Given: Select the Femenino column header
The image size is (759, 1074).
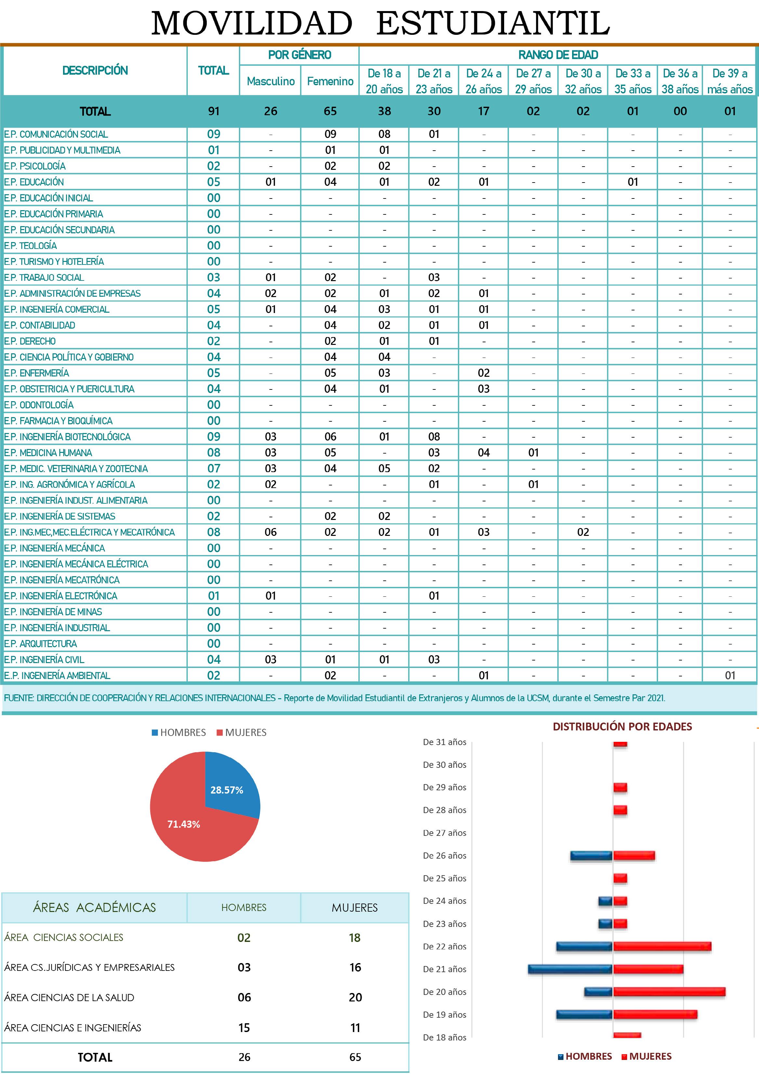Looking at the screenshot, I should (x=330, y=81).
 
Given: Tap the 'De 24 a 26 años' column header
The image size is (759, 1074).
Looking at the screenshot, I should (x=483, y=81).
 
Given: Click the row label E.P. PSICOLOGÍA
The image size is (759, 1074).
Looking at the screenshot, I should (x=35, y=166).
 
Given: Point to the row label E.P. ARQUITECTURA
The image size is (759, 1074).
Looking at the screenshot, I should (x=41, y=644).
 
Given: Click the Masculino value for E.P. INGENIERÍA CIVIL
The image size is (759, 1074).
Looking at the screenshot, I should (x=270, y=659).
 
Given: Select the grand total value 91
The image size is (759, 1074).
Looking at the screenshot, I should (x=214, y=111).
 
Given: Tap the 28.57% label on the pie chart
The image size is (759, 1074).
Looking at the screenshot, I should (x=227, y=790).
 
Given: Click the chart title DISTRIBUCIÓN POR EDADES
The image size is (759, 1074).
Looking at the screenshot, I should (x=622, y=727).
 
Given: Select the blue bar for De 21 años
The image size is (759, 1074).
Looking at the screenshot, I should (x=570, y=970).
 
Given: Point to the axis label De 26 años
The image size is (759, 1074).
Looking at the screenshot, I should (x=444, y=856).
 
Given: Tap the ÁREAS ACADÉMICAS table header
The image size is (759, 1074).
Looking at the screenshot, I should (x=94, y=907).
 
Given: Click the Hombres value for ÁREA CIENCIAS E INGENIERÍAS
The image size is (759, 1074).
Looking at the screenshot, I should (x=244, y=1028).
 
